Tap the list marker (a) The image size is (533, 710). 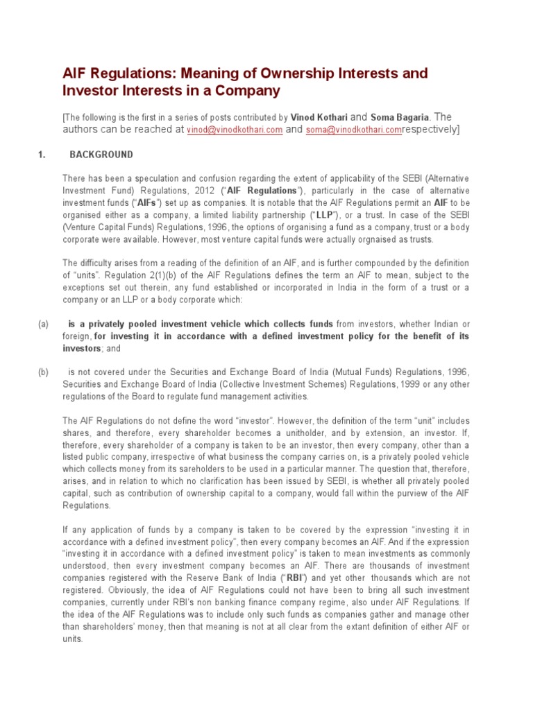pyautogui.click(x=42, y=324)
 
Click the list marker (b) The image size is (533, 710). pyautogui.click(x=42, y=372)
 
